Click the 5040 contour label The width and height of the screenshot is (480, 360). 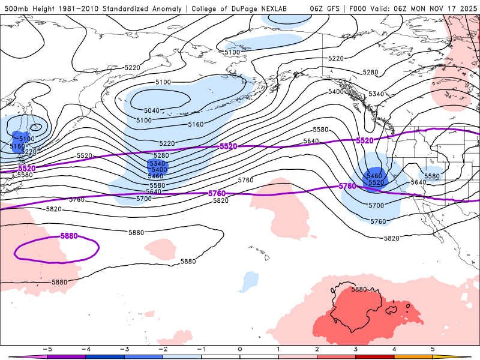(x=152, y=110)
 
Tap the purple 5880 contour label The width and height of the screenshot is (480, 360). (x=69, y=236)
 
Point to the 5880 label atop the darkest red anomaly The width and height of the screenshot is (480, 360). (x=359, y=289)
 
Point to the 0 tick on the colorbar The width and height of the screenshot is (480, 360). (x=240, y=349)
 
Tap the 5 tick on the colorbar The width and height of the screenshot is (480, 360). (x=433, y=349)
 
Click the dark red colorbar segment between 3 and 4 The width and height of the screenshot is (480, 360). (x=375, y=356)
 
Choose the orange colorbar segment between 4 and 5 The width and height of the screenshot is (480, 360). (x=413, y=356)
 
